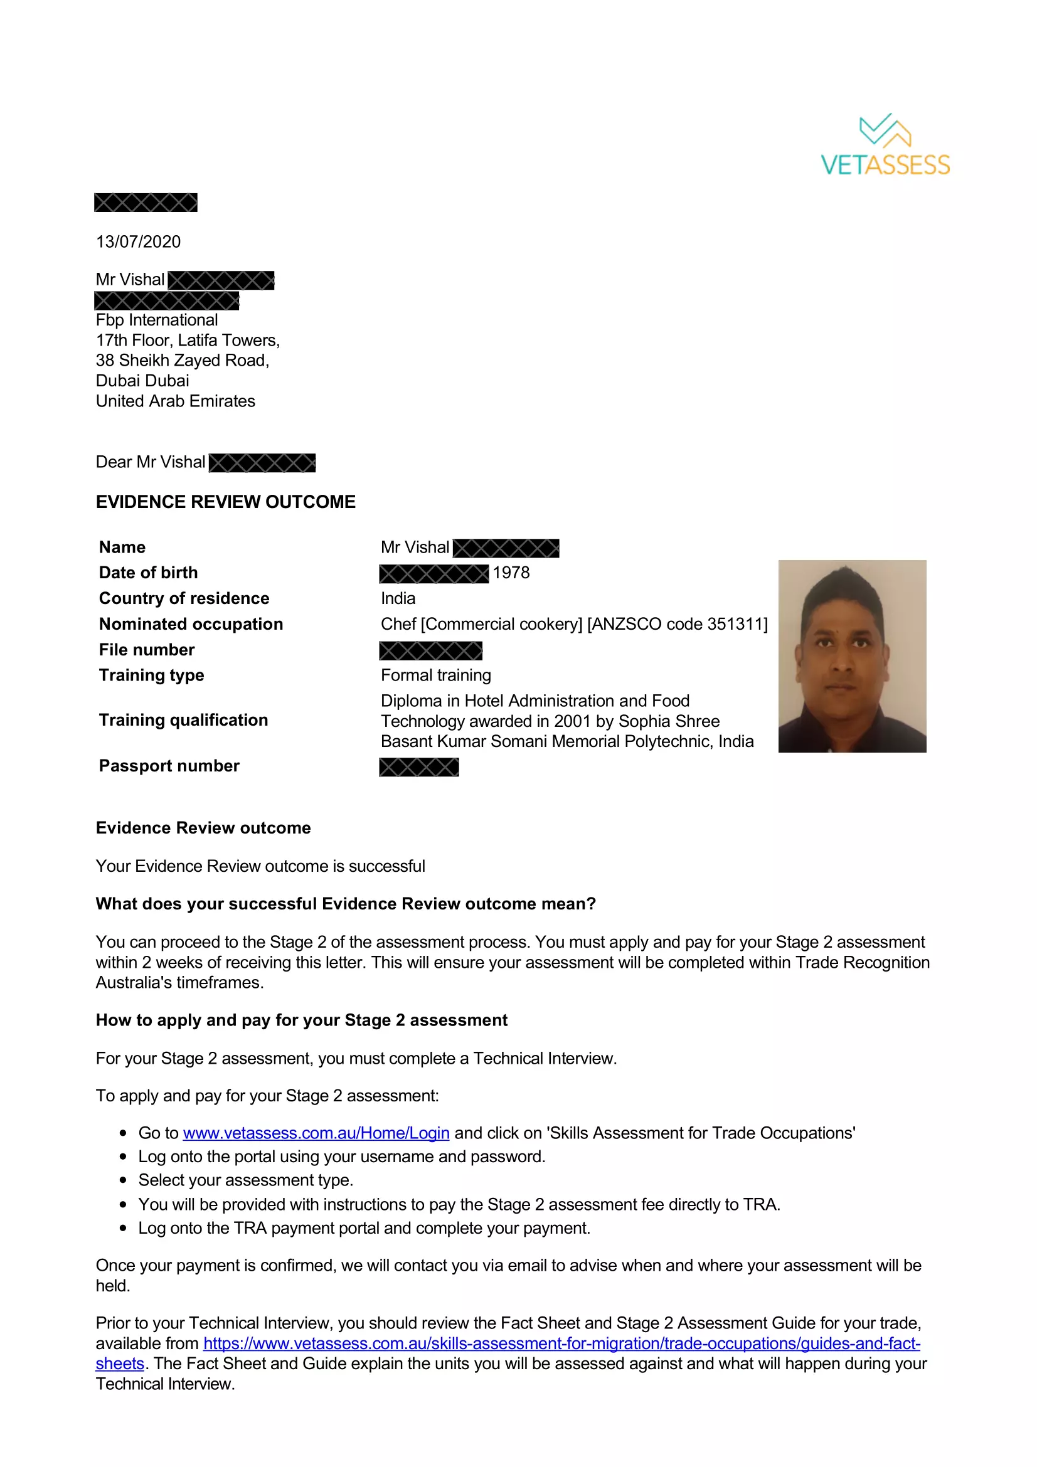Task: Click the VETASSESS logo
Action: [885, 145]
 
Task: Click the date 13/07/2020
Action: [138, 241]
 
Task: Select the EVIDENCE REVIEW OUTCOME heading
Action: [226, 502]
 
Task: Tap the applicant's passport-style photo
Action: [852, 655]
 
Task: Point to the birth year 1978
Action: [511, 573]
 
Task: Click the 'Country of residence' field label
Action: [184, 598]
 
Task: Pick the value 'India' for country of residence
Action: [398, 598]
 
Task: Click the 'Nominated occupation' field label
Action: [191, 623]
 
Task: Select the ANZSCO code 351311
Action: [735, 623]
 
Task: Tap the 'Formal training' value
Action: [436, 675]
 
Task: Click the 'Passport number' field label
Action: [169, 765]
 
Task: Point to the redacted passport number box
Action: [419, 766]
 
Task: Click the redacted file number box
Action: [430, 650]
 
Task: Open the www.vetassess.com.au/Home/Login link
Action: [316, 1133]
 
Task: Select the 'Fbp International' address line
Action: [157, 319]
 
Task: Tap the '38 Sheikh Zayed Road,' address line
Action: [183, 361]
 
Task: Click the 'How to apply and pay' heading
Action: [302, 1020]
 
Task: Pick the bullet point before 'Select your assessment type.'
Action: [124, 1180]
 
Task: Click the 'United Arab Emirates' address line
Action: [176, 401]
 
